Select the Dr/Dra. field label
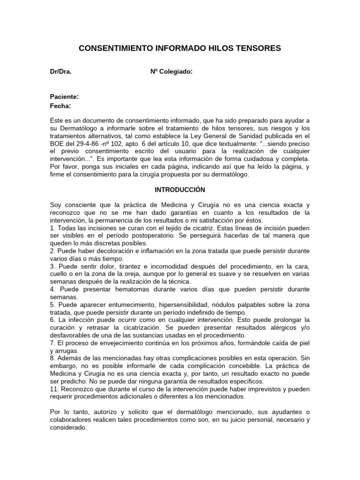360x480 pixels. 61,72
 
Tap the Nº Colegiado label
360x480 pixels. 171,72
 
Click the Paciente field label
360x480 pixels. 64,97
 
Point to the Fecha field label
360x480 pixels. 60,105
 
